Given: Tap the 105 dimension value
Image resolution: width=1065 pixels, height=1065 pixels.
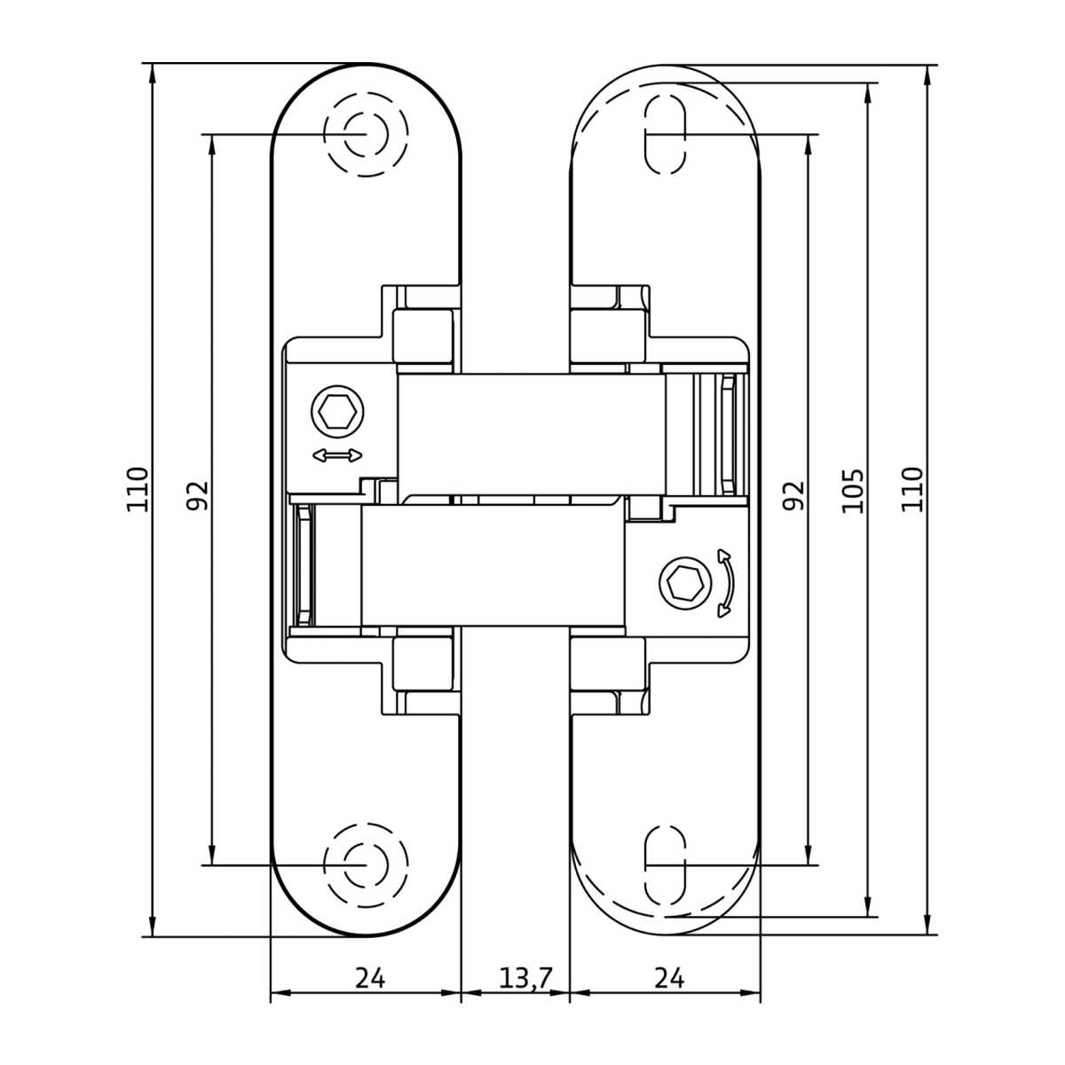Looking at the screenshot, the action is click(852, 491).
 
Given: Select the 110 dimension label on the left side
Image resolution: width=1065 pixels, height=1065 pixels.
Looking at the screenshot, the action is click(138, 490).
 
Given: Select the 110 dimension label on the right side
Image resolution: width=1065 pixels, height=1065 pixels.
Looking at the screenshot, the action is click(912, 490).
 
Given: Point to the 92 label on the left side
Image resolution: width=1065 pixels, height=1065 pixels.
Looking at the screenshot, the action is click(197, 495).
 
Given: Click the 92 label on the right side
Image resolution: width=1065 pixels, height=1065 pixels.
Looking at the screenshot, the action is click(793, 495).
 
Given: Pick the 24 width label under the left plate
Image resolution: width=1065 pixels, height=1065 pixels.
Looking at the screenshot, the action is click(370, 979).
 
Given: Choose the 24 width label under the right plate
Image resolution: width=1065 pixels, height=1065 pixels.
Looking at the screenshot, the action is click(669, 979).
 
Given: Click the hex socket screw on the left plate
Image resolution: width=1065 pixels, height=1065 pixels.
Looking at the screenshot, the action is click(337, 412).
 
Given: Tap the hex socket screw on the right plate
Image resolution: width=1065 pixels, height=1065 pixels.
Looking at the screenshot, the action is click(685, 582).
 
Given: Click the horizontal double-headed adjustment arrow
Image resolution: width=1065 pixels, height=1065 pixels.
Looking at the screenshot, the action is click(337, 455).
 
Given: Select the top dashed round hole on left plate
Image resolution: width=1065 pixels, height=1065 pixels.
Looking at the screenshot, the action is click(366, 134).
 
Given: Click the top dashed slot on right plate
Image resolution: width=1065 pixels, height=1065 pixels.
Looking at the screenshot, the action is click(666, 134).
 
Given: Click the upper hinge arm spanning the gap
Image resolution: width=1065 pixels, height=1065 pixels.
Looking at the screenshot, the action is click(531, 434).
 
